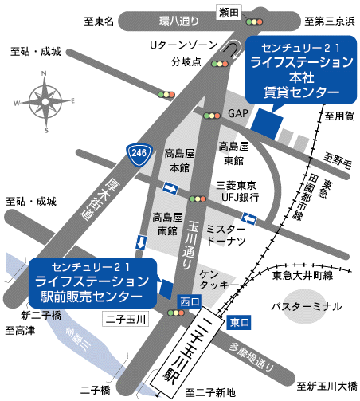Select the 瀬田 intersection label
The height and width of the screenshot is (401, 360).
coord(228,10)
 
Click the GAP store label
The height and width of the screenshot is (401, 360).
coord(238,114)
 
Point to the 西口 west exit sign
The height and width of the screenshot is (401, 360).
coord(189,301)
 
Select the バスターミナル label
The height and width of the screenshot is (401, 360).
coord(306,306)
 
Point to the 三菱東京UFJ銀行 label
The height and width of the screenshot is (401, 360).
coord(237,190)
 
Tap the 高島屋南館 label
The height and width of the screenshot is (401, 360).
coord(167,223)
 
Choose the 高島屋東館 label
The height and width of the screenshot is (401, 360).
coord(233,154)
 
